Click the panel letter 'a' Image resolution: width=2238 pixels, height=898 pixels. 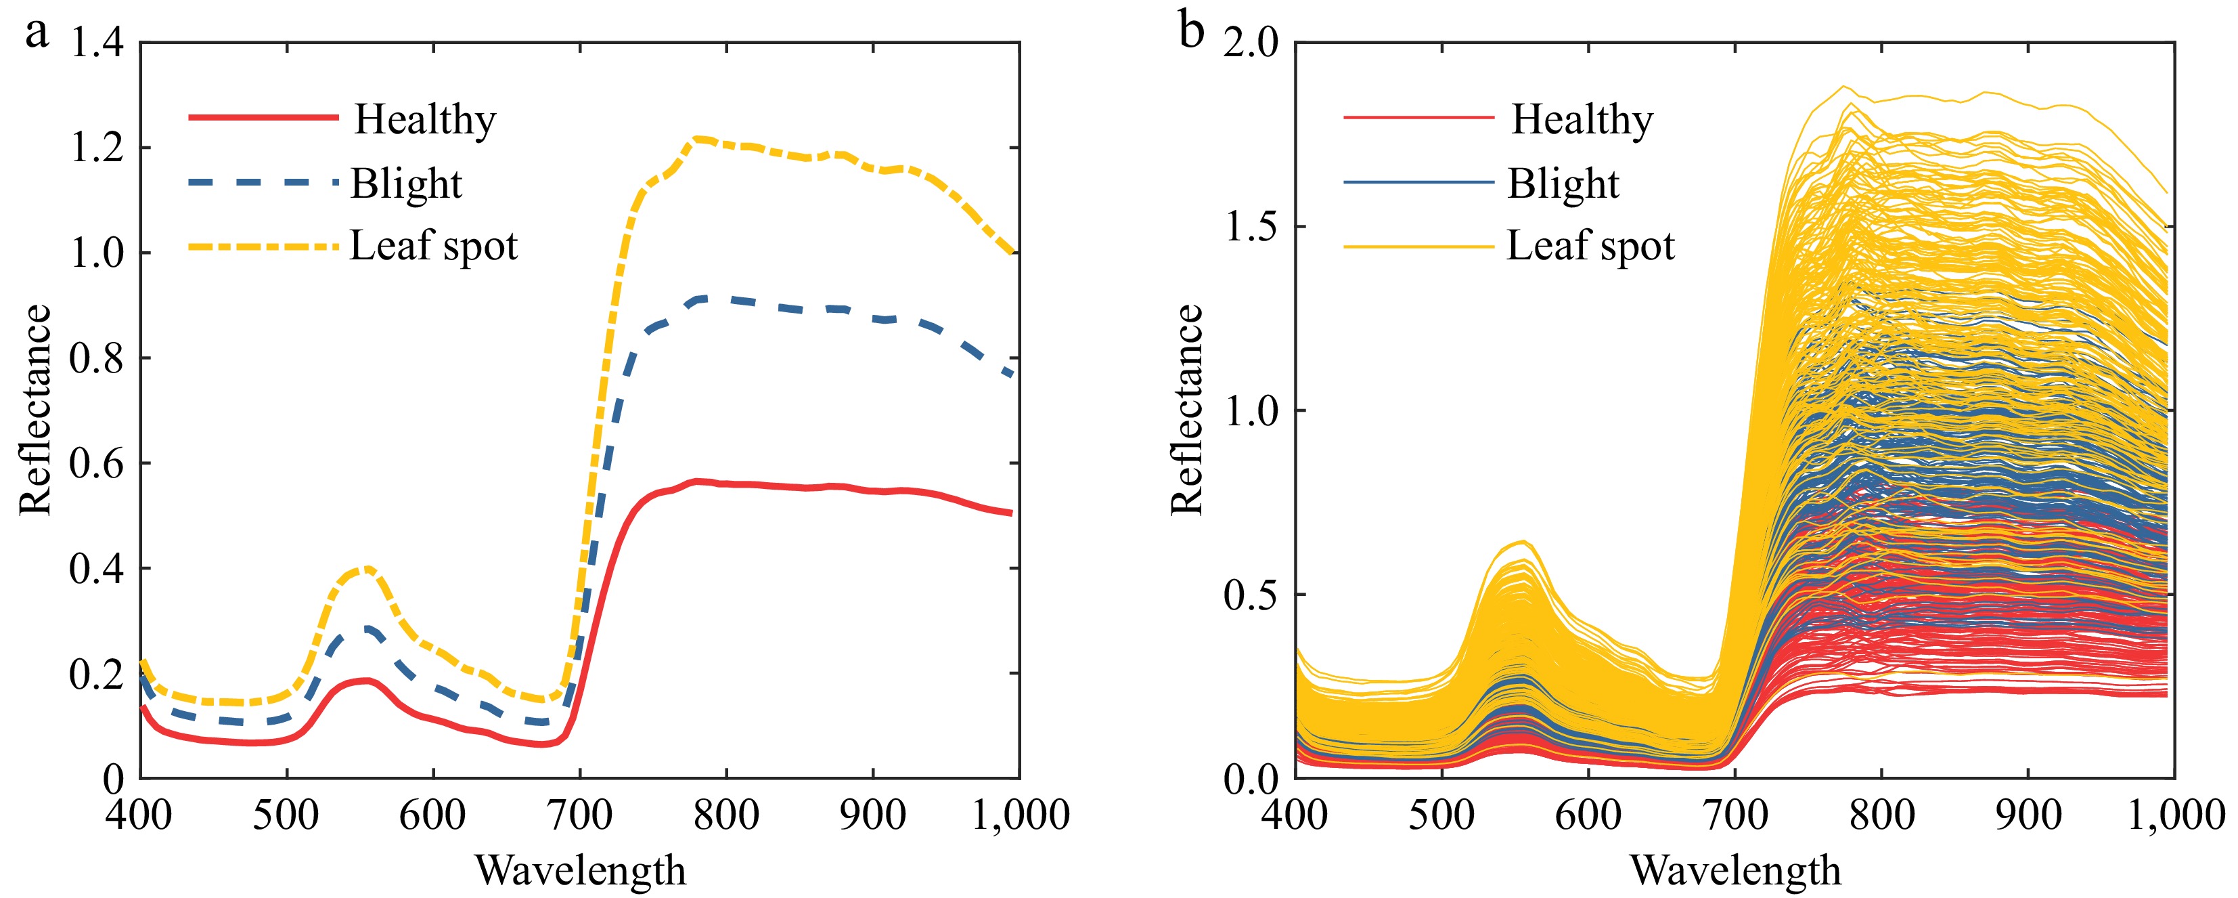pos(37,35)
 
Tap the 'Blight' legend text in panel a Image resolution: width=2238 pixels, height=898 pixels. pos(406,184)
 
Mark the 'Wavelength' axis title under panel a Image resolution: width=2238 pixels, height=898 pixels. pos(581,870)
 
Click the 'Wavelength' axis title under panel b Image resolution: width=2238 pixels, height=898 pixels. pos(1735,870)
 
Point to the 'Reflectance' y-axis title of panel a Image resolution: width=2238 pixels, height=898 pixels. pos(35,410)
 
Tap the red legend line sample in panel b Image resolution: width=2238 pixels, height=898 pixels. pos(1418,117)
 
